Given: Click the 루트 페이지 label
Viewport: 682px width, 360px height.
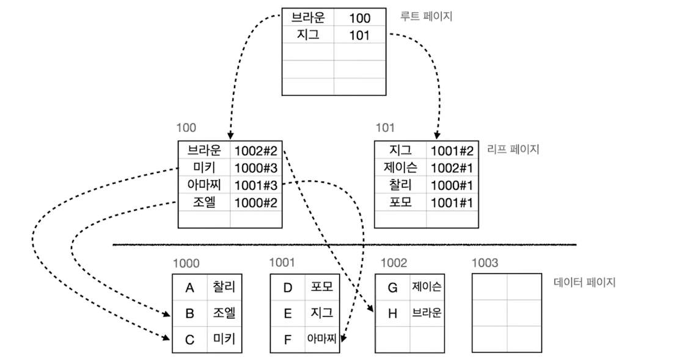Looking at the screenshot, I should [426, 17].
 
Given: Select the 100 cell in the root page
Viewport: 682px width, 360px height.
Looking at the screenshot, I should [359, 18].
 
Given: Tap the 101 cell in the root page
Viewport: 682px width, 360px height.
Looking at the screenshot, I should [359, 35].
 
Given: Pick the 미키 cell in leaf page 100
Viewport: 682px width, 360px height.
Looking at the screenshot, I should [204, 167].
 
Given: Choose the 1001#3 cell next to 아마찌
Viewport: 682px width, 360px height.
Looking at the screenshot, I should [256, 185].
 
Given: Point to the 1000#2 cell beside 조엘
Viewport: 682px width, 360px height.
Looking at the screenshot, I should [256, 202].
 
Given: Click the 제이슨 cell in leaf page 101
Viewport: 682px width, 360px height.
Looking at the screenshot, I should [400, 167].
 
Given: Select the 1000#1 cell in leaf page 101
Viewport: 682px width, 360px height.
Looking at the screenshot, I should [453, 185].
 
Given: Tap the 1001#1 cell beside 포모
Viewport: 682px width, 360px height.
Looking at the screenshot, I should [453, 202].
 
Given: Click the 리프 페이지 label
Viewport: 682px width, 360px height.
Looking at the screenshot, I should [513, 149].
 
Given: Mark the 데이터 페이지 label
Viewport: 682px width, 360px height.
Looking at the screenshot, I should [584, 282].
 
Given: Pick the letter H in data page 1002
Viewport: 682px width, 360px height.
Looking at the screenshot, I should [392, 314].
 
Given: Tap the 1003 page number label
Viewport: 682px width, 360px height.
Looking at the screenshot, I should [485, 263].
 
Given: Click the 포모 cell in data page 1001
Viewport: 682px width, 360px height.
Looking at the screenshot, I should [321, 287].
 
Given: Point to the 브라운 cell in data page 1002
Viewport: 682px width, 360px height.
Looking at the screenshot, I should [427, 314].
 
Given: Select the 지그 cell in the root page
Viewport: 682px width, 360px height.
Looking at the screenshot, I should [308, 35].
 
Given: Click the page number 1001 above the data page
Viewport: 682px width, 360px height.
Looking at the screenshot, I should [282, 263].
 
